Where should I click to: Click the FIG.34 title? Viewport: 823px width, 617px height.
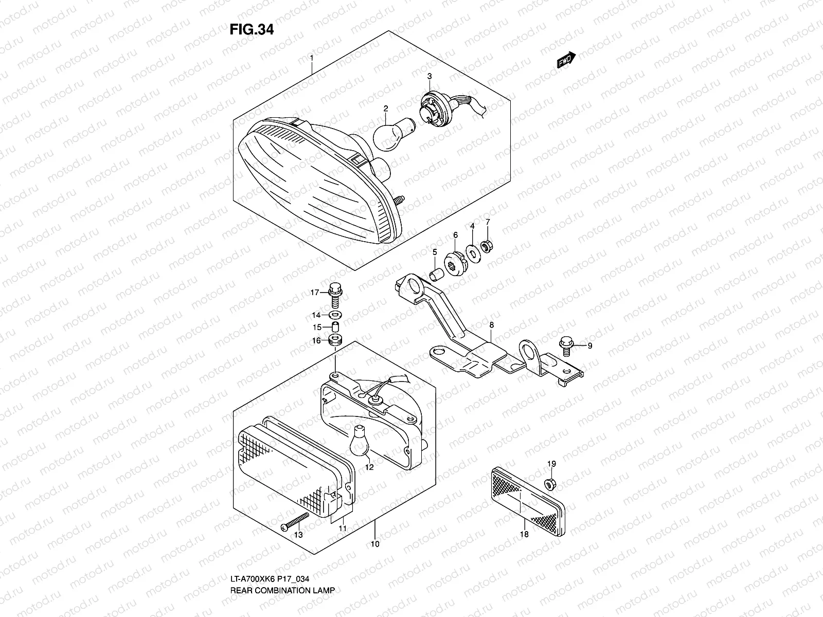pyautogui.click(x=252, y=30)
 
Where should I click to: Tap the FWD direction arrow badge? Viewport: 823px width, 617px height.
pyautogui.click(x=566, y=61)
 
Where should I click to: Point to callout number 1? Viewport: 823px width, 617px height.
pyautogui.click(x=311, y=59)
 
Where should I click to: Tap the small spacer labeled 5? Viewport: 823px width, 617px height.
pyautogui.click(x=436, y=272)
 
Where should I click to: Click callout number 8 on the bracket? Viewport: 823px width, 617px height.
pyautogui.click(x=491, y=325)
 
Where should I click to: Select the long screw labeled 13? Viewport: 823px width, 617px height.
pyautogui.click(x=296, y=520)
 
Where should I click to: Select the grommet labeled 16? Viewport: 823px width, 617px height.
pyautogui.click(x=335, y=340)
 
